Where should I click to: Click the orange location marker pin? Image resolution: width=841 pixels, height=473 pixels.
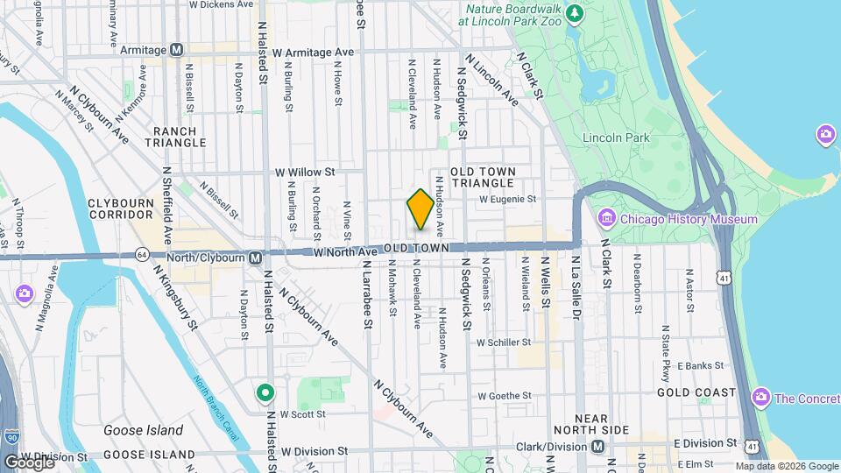[420, 208]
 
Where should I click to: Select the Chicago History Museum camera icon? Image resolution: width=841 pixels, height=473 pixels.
[605, 218]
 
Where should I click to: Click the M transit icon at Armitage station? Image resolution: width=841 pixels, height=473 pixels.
[177, 50]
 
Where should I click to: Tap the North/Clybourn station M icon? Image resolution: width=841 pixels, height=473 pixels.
[255, 258]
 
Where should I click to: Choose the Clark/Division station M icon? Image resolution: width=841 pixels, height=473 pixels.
[597, 447]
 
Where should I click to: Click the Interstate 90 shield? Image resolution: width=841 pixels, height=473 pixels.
[11, 435]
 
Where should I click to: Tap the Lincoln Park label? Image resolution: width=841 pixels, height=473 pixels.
[616, 138]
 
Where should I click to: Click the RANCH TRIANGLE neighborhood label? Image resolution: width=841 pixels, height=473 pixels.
[175, 136]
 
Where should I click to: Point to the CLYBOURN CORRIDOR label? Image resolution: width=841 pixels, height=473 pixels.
[122, 208]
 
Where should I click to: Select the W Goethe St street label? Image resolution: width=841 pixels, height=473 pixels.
[505, 397]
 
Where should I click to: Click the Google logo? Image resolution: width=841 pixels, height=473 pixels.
[28, 462]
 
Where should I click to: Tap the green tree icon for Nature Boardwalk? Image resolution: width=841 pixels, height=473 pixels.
[575, 12]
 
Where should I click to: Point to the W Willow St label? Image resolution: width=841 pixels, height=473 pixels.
[305, 173]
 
